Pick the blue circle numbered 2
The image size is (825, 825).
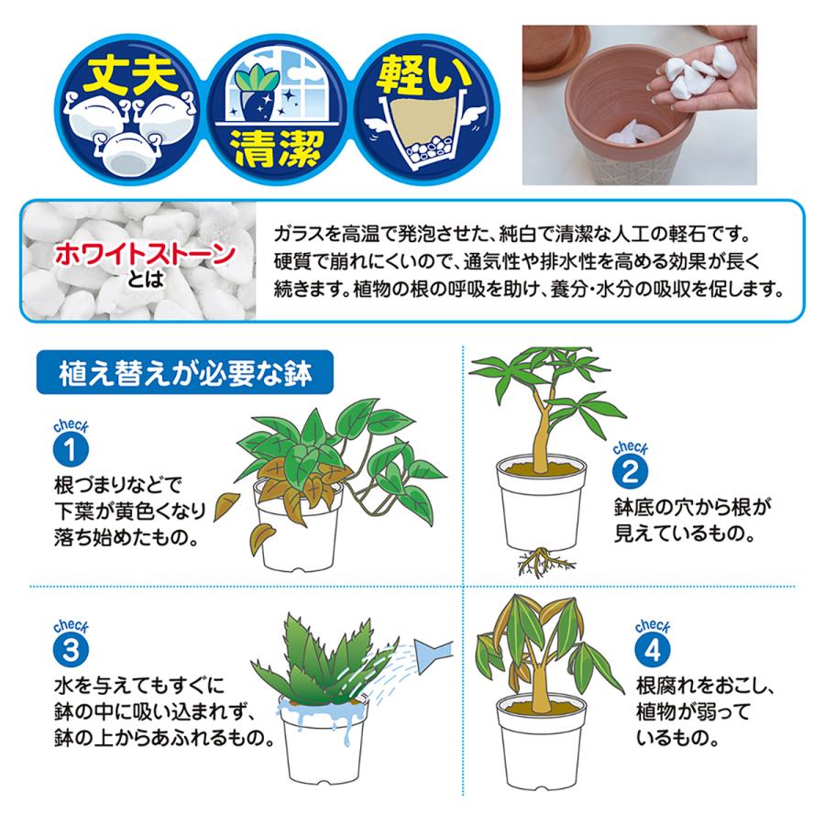click(630, 469)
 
